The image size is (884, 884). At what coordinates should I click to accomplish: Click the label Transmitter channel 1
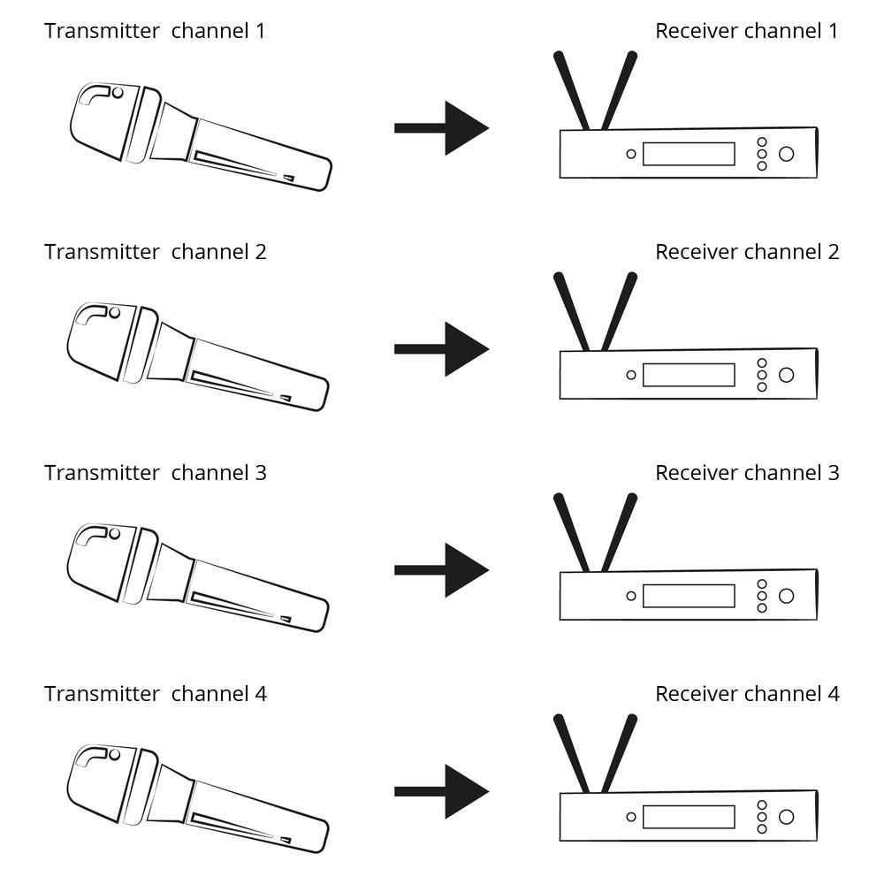[x=155, y=31]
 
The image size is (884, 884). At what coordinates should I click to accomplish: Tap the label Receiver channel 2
[x=747, y=252]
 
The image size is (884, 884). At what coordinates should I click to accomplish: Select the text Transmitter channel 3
[x=155, y=473]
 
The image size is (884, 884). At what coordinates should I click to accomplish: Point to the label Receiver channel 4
[x=747, y=694]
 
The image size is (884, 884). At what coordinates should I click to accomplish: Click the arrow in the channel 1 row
[x=442, y=128]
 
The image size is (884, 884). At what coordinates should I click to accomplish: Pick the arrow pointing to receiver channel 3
[x=442, y=570]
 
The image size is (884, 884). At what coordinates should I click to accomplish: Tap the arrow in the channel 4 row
[x=442, y=791]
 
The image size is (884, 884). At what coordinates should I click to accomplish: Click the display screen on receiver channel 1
[x=689, y=154]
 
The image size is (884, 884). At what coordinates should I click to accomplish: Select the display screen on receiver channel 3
[x=689, y=596]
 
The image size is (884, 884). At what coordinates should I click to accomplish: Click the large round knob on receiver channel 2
[x=786, y=375]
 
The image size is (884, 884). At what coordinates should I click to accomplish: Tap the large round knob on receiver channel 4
[x=786, y=817]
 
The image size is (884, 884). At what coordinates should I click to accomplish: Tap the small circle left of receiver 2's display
[x=631, y=375]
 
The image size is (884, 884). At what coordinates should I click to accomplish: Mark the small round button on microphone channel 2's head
[x=115, y=313]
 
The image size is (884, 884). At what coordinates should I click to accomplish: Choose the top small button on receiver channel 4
[x=762, y=804]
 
